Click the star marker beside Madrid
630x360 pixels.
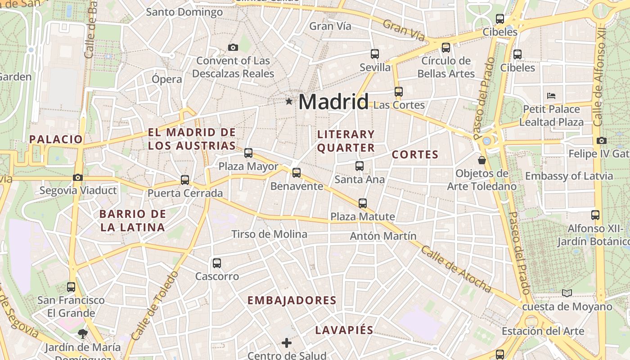pos(289,102)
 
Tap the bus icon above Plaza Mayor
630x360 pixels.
pos(248,153)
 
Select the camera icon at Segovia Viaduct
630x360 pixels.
pos(78,177)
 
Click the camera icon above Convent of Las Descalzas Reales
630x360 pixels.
pos(233,47)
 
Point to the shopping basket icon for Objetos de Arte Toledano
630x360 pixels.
pos(481,160)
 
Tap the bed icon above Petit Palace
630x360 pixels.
pos(551,95)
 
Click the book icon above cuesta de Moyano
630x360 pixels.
pos(567,293)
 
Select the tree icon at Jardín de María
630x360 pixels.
pos(82,333)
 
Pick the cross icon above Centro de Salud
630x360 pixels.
pos(287,343)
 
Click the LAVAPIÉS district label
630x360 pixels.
pos(344,330)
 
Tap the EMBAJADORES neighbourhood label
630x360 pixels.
pos(292,300)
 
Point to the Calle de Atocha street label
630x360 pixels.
pos(455,269)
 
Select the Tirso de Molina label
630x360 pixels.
pos(269,234)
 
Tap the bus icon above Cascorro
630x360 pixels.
pos(217,263)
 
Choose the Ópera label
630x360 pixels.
pos(166,79)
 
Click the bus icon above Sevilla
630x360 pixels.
pos(375,54)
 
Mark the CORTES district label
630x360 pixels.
pos(415,154)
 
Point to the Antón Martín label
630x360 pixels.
pos(383,236)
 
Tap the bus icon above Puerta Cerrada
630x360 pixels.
pos(185,180)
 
